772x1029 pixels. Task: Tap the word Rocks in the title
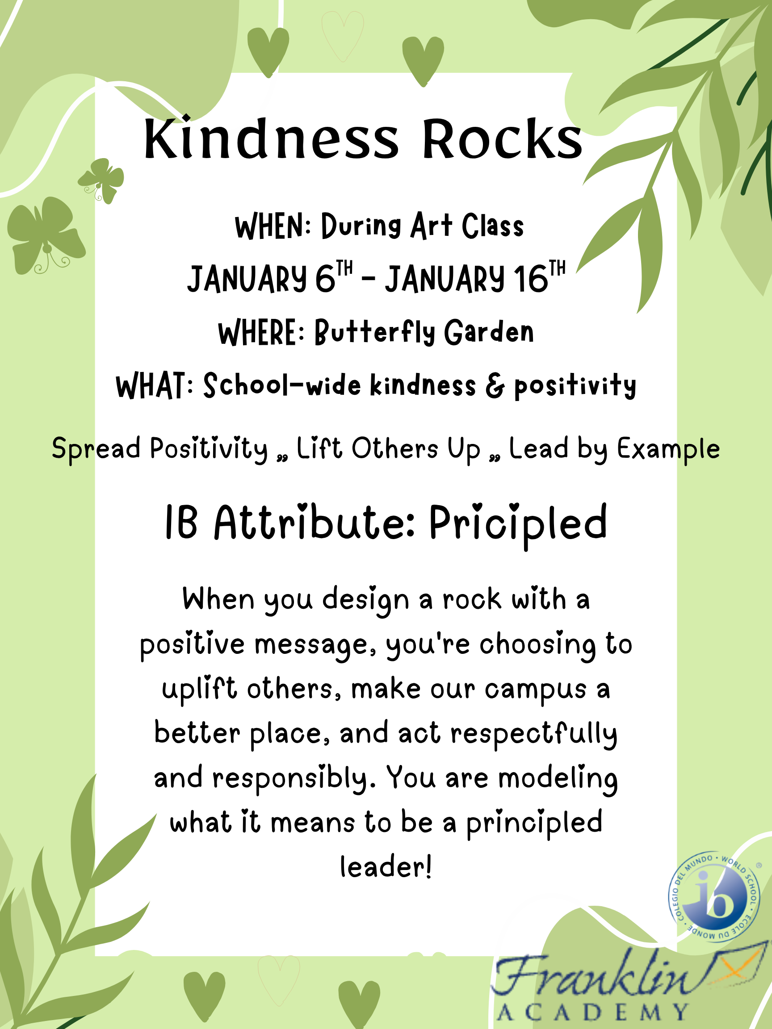click(x=502, y=138)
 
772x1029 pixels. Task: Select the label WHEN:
click(x=273, y=226)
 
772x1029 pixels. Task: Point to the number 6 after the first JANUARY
click(x=325, y=279)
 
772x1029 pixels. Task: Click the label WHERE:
click(x=262, y=333)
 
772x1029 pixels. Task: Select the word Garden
click(x=489, y=332)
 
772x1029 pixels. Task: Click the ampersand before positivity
click(x=495, y=386)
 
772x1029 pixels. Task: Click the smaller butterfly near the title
click(x=101, y=180)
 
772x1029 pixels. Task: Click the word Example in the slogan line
click(x=669, y=449)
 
